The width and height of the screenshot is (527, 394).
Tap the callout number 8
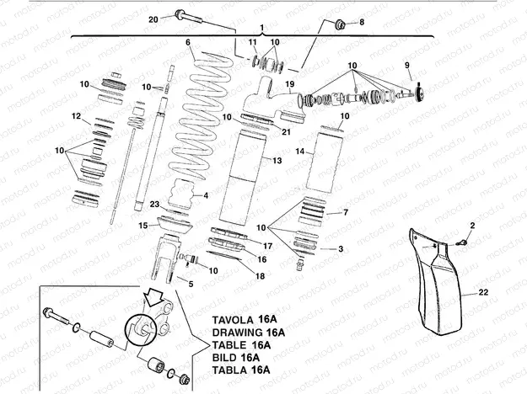363,23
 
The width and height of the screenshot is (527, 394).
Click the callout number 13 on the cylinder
277,159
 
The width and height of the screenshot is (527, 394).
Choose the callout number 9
407,65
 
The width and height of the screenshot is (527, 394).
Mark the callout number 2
473,225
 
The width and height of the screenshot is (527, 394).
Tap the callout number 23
154,204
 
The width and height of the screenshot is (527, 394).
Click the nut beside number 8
341,24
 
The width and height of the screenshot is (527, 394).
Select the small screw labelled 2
462,242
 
